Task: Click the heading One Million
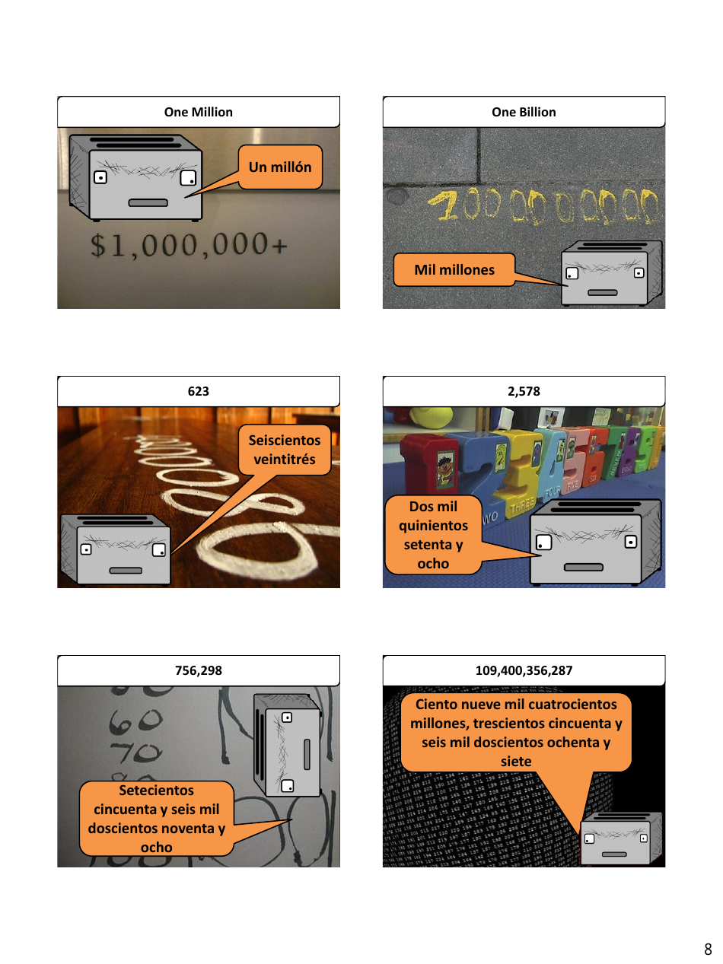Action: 198,112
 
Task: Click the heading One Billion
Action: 524,112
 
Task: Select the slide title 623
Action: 198,391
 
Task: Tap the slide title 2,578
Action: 524,391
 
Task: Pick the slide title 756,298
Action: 198,670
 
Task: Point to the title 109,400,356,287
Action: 524,670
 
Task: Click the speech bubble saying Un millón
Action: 280,167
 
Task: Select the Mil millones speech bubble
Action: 454,270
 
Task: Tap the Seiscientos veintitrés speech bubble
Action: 285,449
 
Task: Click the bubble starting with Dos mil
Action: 433,535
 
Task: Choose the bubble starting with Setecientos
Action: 156,818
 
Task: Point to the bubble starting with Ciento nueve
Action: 516,732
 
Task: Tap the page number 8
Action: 708,949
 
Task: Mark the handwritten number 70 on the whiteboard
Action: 135,753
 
